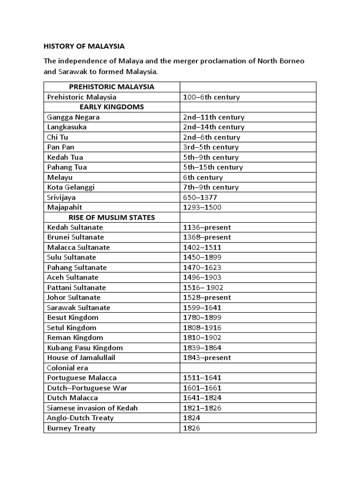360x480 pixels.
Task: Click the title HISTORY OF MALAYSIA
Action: pyautogui.click(x=84, y=46)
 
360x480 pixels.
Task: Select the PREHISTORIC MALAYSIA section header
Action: pyautogui.click(x=112, y=87)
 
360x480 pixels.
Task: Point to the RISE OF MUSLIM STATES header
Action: pyautogui.click(x=112, y=217)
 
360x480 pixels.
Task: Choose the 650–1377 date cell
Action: pyautogui.click(x=200, y=197)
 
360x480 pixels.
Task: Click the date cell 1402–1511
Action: pyautogui.click(x=202, y=247)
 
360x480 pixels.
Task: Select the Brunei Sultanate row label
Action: pyautogui.click(x=75, y=237)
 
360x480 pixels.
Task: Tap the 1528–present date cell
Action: pyautogui.click(x=207, y=298)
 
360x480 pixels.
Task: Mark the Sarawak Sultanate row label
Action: pyautogui.click(x=79, y=307)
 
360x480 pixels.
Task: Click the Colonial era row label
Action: pyautogui.click(x=67, y=368)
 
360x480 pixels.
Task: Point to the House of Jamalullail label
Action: pyautogui.click(x=82, y=358)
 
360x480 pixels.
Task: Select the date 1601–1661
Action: pyautogui.click(x=202, y=388)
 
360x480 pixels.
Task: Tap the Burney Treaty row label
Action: pyautogui.click(x=71, y=428)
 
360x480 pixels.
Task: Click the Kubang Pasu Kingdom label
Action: pyautogui.click(x=85, y=348)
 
